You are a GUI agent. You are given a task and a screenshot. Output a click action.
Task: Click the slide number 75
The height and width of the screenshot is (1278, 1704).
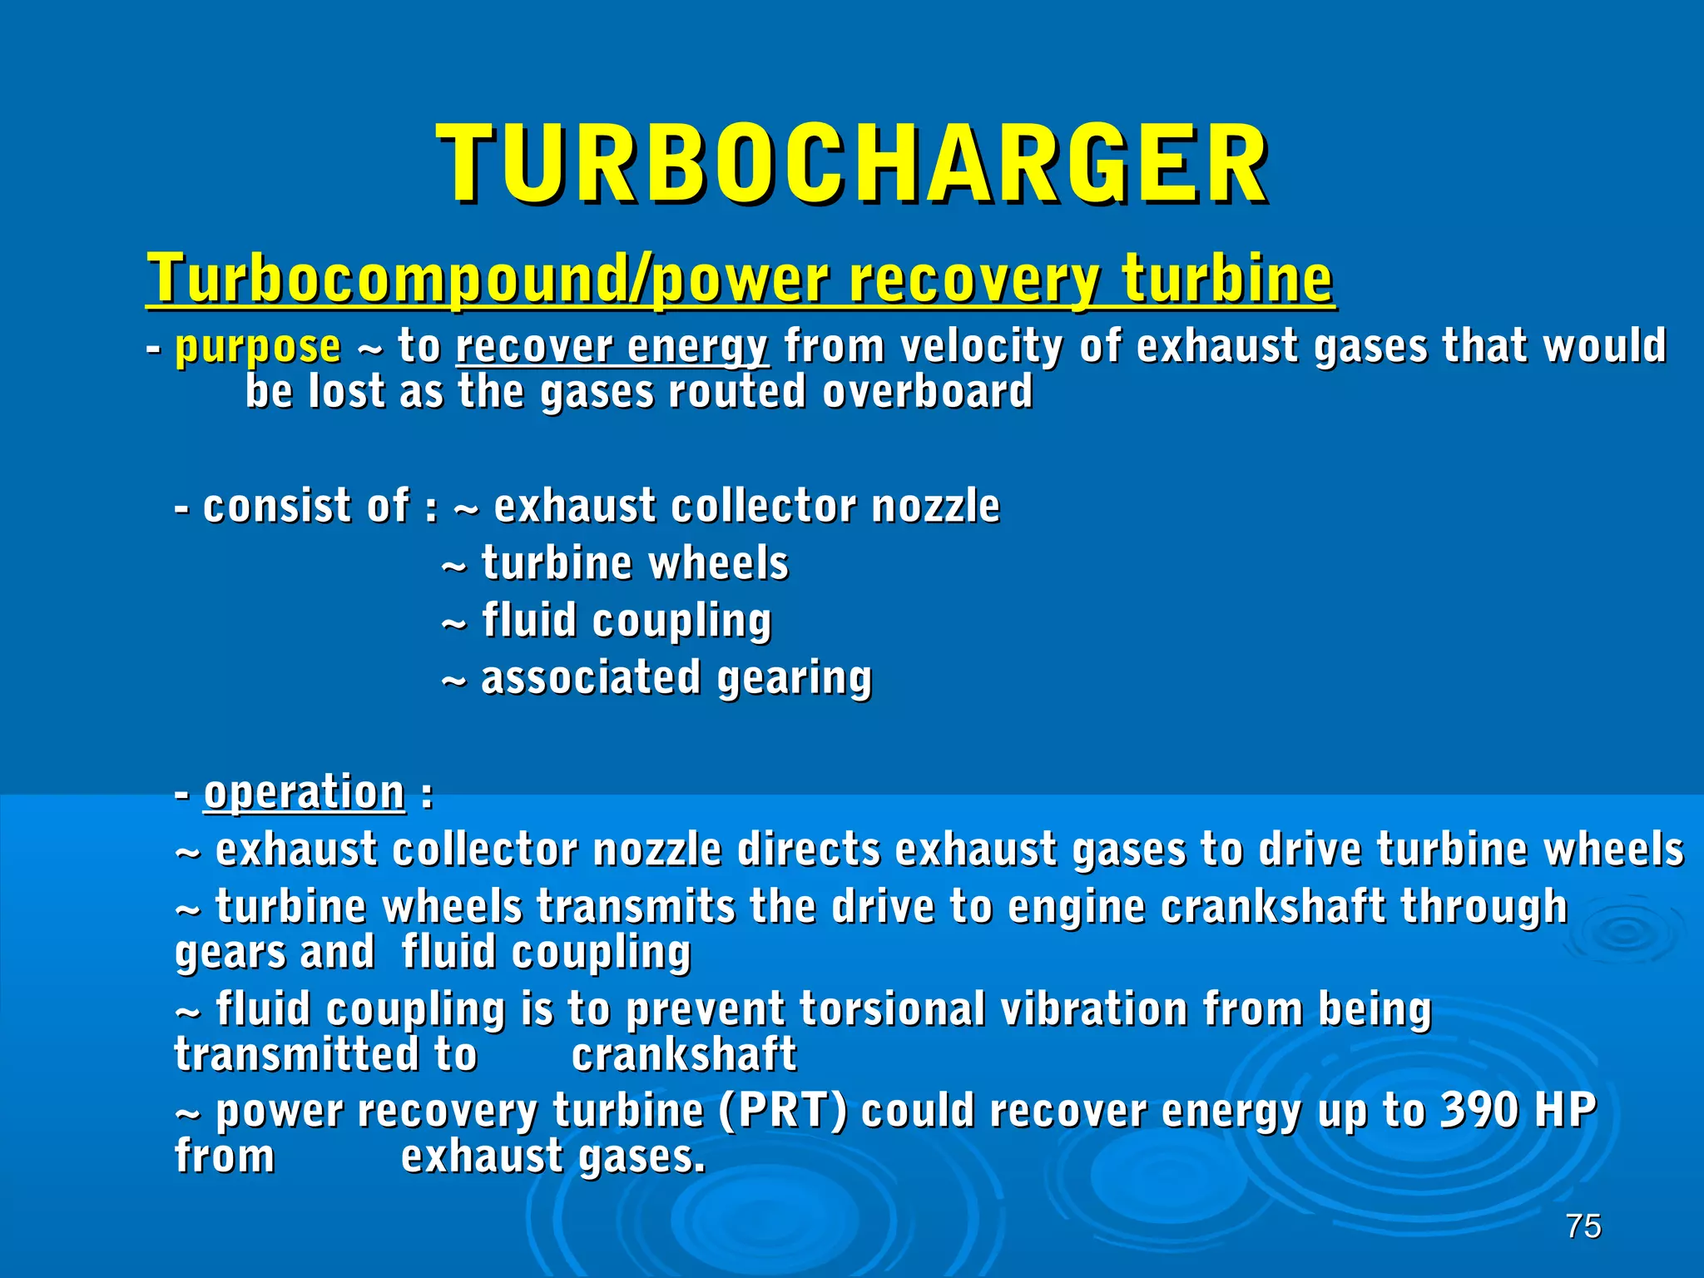1583,1226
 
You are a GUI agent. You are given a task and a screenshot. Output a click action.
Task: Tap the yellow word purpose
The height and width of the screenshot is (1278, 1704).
258,346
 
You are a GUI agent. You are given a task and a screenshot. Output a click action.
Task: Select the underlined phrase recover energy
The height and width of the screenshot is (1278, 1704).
612,346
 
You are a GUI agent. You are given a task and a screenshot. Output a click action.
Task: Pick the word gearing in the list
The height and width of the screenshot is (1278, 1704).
794,679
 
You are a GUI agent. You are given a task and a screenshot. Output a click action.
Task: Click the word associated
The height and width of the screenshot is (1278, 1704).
591,677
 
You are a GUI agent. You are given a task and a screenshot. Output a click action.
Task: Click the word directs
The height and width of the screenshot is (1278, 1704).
808,850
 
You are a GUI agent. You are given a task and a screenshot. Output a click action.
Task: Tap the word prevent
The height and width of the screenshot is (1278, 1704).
705,1010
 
